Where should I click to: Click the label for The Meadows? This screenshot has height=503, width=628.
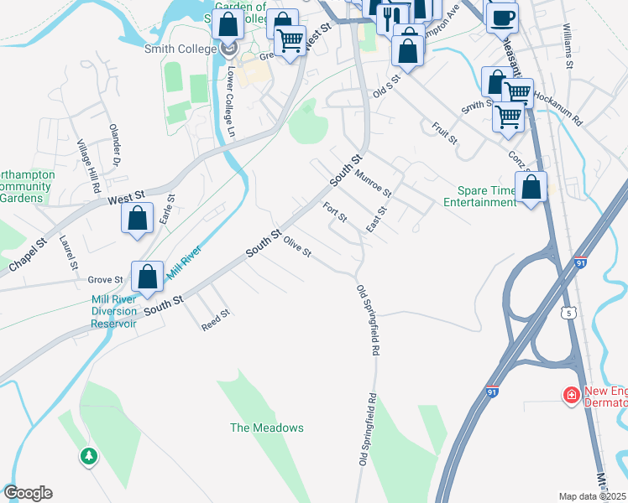pyautogui.click(x=267, y=428)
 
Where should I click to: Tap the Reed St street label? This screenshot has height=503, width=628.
pyautogui.click(x=216, y=319)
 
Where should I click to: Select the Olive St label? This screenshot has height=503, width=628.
pyautogui.click(x=297, y=247)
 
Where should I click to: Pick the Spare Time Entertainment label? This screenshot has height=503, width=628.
pyautogui.click(x=479, y=196)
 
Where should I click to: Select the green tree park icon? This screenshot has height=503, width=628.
pyautogui.click(x=88, y=456)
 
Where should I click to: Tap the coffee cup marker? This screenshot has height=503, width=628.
pyautogui.click(x=502, y=18)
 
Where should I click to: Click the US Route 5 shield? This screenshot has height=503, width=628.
pyautogui.click(x=570, y=312)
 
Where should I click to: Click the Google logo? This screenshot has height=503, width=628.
pyautogui.click(x=28, y=493)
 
